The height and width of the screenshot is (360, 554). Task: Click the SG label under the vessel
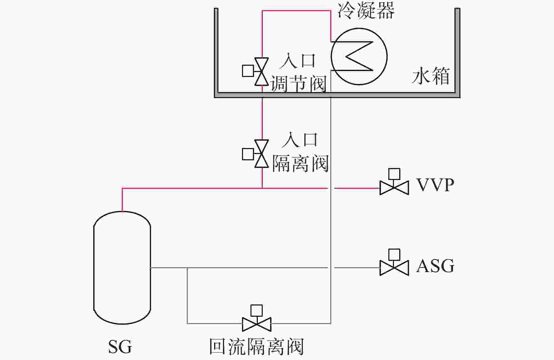coord(120,347)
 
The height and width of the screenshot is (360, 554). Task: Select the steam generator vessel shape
coord(122,268)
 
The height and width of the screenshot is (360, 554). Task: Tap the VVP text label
coord(435,185)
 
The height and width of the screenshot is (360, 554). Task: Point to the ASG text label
coord(435,266)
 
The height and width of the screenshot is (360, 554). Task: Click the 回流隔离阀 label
coord(256,346)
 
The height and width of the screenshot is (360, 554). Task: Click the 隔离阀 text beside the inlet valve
coord(300,163)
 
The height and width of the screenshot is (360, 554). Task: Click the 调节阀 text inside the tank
coord(298,84)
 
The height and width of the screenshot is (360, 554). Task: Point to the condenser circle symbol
coord(359,56)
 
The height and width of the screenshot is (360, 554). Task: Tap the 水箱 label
coord(431,76)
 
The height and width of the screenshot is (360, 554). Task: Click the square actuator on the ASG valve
coord(394,255)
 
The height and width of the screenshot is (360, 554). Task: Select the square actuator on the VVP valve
coord(394,174)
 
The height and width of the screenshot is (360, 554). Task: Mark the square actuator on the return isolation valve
coord(256,310)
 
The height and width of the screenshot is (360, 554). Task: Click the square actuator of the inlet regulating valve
coord(248,71)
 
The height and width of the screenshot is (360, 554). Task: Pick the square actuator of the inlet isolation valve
coord(248,154)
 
